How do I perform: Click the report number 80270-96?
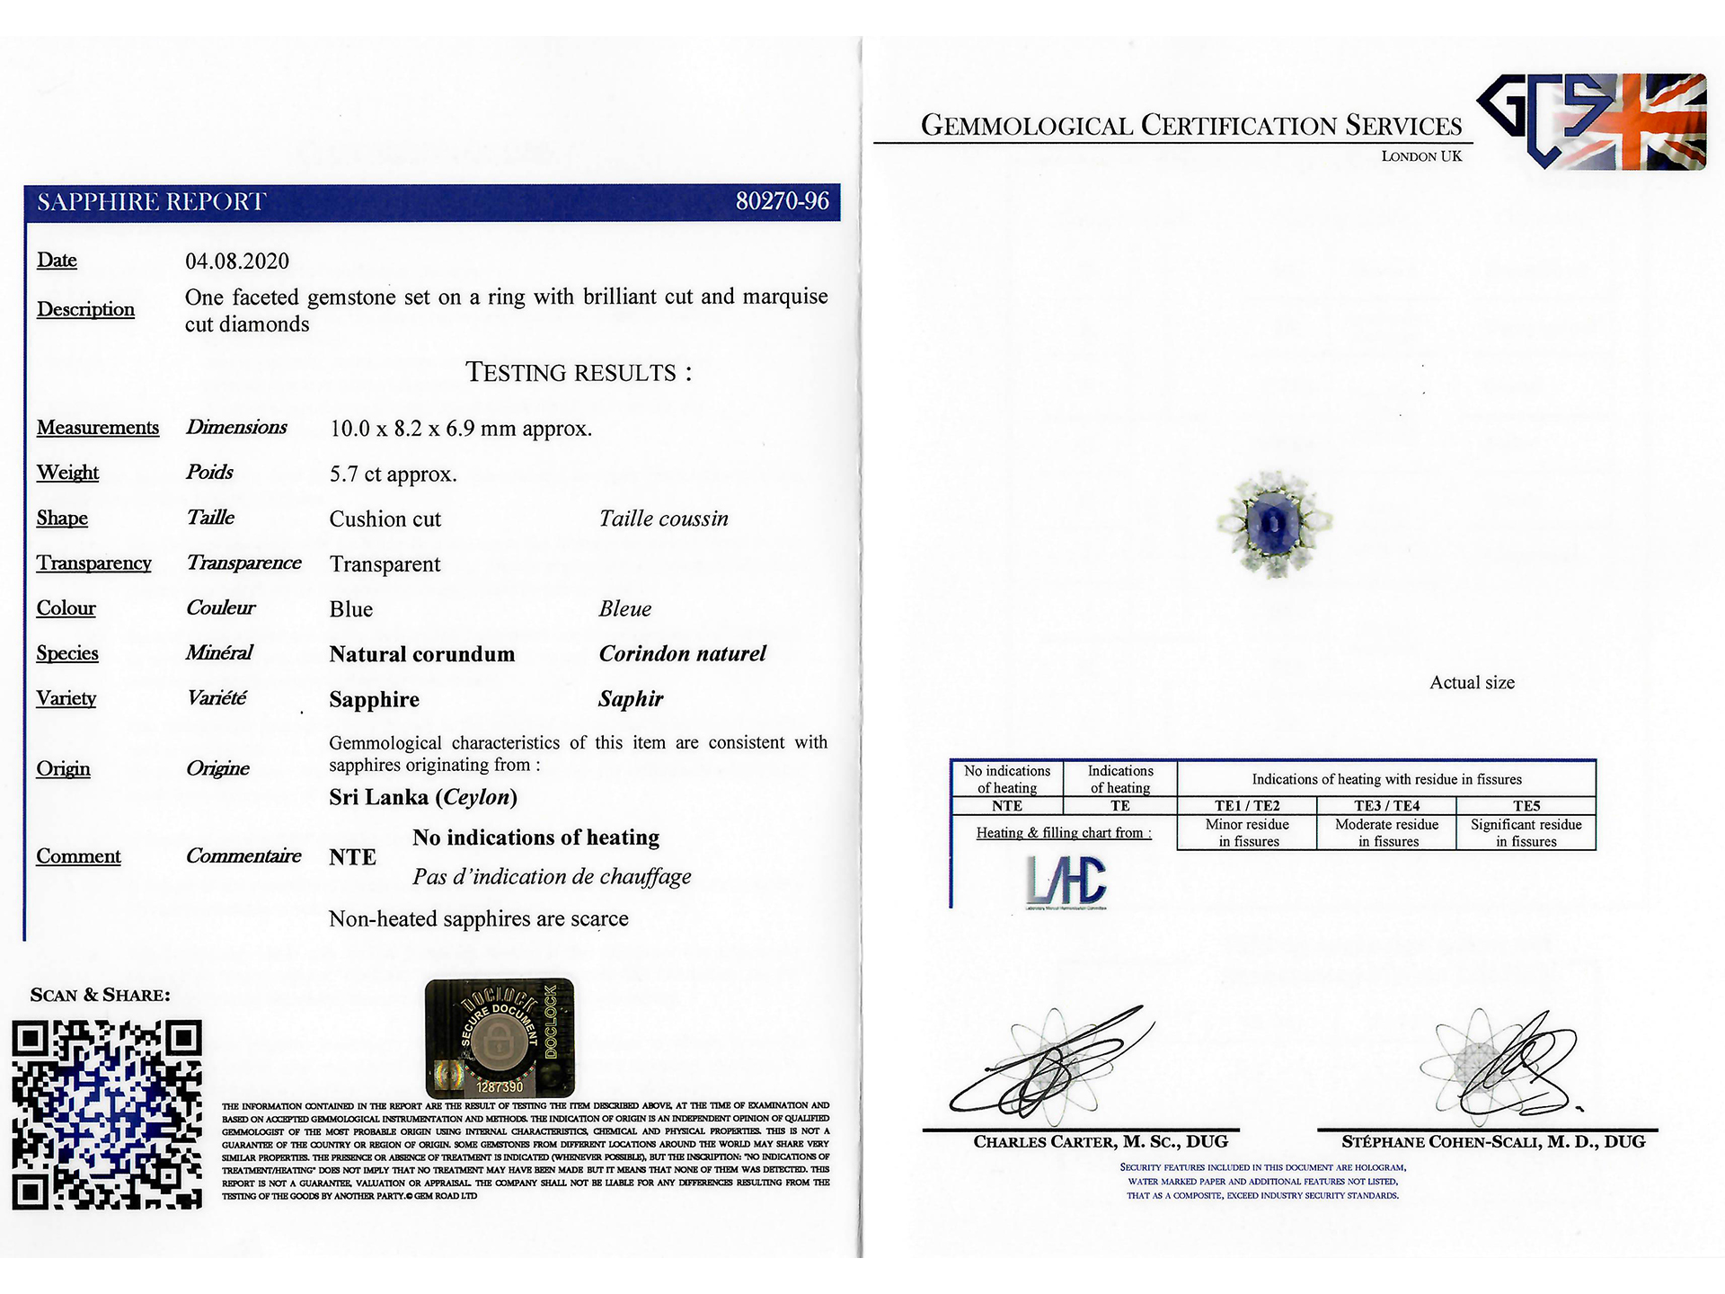point(782,201)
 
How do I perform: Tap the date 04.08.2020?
point(237,261)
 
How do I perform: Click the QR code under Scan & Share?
point(107,1114)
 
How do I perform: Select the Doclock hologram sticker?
point(500,1037)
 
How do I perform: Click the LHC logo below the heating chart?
point(1066,881)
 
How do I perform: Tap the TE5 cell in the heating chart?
point(1526,805)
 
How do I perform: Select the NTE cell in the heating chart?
point(1007,806)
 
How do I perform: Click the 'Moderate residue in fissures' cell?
point(1386,832)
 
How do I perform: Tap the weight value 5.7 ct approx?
point(394,474)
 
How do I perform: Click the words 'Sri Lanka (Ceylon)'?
point(423,797)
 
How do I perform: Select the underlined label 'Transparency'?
point(93,563)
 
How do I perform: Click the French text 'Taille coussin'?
point(663,518)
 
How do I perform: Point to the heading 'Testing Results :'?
point(579,373)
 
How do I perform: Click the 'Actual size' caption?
point(1472,683)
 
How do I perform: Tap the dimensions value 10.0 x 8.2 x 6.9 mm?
point(460,429)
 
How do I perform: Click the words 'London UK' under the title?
point(1421,156)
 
